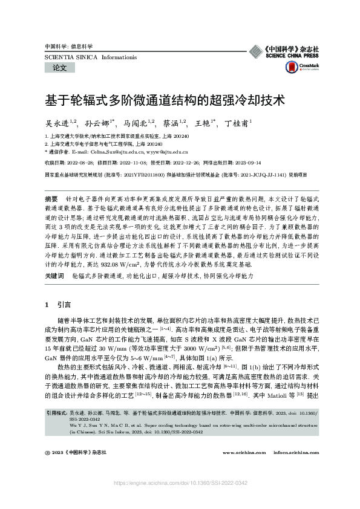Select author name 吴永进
(59, 122)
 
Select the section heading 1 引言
(58, 304)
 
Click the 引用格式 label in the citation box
(57, 412)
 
